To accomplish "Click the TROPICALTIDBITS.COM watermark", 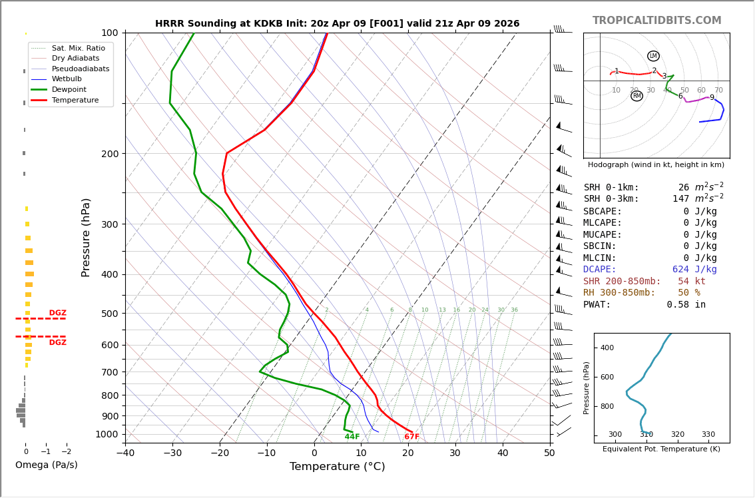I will tap(656, 21).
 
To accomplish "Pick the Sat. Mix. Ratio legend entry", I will tap(78, 49).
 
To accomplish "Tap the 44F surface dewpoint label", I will tap(352, 437).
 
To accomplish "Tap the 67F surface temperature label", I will tap(412, 437).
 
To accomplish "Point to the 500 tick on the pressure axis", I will tap(109, 314).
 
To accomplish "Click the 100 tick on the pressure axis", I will tap(109, 33).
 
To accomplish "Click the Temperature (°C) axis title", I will tap(337, 467).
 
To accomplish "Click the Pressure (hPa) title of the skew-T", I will tap(87, 237).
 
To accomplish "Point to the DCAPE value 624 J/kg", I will tap(694, 270).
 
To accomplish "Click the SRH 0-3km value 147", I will tap(680, 199).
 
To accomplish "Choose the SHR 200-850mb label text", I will tap(622, 281).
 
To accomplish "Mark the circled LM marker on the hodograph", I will tap(653, 56).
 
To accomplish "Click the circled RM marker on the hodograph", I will tap(636, 96).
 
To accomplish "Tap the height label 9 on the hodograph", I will tap(712, 98).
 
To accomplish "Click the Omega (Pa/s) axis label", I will tap(46, 465).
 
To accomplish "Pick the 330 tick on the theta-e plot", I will tap(708, 435).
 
